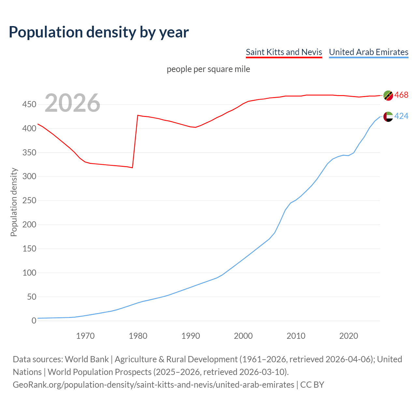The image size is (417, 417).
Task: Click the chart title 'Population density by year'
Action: [99, 32]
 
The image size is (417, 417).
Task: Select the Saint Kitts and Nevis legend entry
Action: [284, 52]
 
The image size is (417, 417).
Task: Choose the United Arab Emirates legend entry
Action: [368, 52]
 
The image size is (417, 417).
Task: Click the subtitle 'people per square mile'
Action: [208, 69]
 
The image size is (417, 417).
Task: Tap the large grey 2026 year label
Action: [72, 103]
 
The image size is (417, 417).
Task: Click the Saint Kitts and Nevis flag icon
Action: [388, 95]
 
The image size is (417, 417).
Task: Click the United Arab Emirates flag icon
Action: [388, 116]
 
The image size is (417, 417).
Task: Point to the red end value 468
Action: [401, 95]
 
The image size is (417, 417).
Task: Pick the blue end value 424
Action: [401, 116]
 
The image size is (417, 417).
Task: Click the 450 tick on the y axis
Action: [29, 105]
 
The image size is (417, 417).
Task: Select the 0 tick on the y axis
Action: [34, 321]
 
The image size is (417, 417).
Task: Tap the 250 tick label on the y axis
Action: [29, 201]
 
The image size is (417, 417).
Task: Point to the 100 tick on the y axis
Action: [29, 273]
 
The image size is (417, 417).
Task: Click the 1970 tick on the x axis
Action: [85, 336]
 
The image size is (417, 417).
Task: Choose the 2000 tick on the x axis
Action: [243, 336]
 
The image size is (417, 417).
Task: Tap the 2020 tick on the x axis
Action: [349, 336]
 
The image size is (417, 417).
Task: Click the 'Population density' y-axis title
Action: [14, 202]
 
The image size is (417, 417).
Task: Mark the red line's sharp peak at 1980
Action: [138, 115]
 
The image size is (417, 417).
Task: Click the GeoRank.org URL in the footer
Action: [153, 385]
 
